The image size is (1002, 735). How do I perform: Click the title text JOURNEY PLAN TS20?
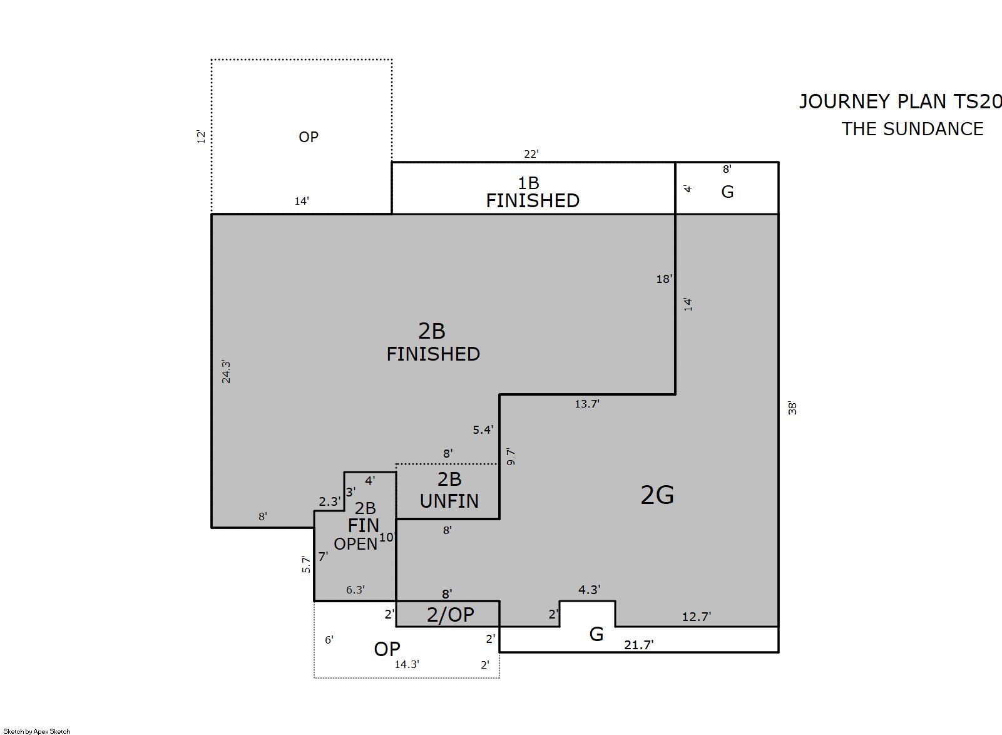coord(900,101)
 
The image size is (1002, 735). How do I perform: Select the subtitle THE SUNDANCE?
coord(913,130)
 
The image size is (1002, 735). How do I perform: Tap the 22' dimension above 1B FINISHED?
coord(531,154)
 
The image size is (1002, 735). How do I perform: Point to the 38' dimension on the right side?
coord(792,408)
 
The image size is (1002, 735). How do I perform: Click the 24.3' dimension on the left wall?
coord(227,372)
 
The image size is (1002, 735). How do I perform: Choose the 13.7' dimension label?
coord(587,404)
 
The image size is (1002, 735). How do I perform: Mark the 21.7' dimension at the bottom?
coord(639,645)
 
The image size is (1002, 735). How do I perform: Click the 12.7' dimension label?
coord(697,617)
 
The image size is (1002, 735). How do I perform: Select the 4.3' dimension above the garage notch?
coord(589,590)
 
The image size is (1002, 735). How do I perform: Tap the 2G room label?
coord(657,495)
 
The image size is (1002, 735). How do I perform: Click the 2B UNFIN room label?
coord(449,490)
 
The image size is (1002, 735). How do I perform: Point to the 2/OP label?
coord(451,615)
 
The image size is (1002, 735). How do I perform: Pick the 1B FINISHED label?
coord(533,192)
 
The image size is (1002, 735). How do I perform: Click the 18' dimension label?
coord(664,279)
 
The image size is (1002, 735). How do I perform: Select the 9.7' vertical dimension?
coord(511,457)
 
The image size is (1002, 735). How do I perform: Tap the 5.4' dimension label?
coord(483,430)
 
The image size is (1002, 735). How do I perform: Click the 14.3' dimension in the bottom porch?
coord(407,664)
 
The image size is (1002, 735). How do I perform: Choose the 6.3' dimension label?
coord(355,590)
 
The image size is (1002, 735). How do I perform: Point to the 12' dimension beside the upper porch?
coord(202,136)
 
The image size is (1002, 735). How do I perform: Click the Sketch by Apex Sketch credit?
coord(37,731)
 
